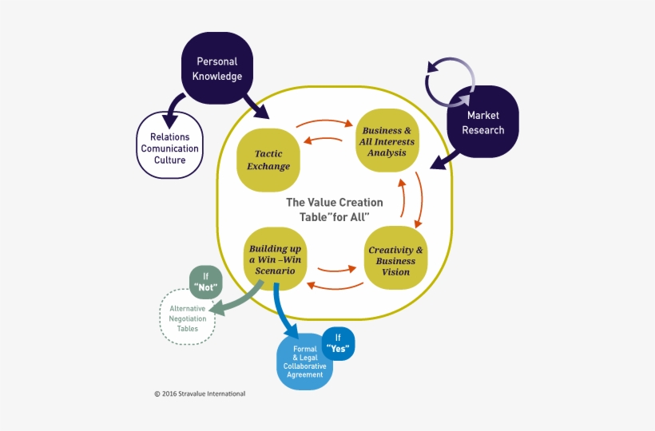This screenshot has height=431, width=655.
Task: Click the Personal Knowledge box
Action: [218, 69]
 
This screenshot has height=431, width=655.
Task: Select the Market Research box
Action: [484, 122]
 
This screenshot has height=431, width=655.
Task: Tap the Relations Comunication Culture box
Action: [169, 148]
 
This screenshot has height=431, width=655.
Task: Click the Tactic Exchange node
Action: [272, 160]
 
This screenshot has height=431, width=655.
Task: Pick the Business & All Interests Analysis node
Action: [387, 141]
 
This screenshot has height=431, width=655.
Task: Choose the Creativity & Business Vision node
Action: [395, 260]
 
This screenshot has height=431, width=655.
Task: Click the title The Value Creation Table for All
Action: [334, 209]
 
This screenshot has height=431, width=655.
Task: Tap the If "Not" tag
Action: [205, 282]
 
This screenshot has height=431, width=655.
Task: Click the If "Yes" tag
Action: [338, 343]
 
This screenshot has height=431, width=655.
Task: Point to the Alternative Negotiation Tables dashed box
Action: [188, 318]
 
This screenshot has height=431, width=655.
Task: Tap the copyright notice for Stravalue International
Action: [200, 393]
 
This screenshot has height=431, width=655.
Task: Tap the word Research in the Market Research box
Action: [486, 129]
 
